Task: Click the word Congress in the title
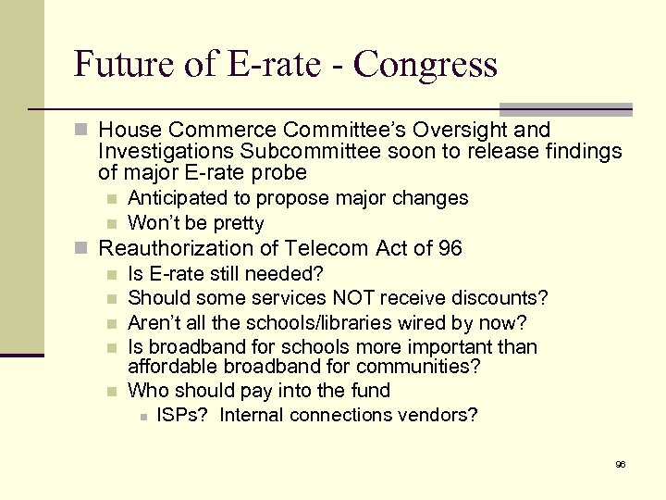coord(425,65)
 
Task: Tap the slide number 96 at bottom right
coord(621,464)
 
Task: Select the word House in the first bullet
coord(129,130)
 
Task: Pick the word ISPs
coord(182,415)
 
